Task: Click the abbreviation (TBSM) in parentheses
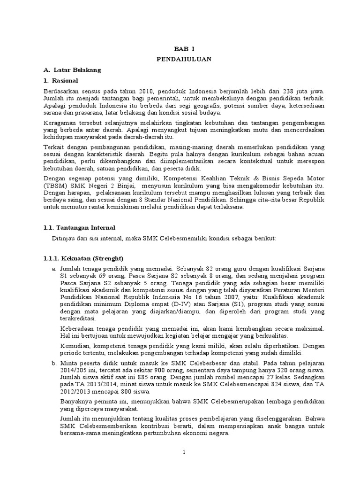(54, 186)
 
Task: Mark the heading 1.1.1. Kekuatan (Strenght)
(82, 258)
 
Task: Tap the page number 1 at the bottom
(184, 452)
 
